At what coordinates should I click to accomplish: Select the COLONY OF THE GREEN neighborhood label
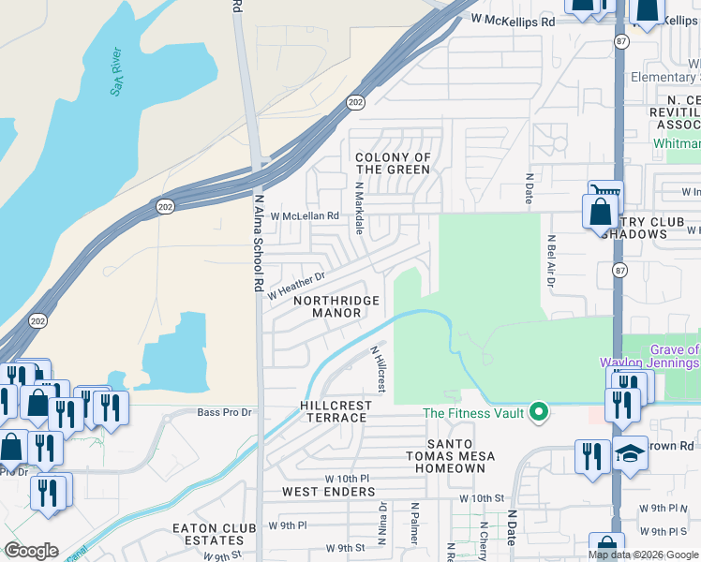(393, 164)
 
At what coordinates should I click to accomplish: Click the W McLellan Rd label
(304, 215)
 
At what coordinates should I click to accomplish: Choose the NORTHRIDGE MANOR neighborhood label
(336, 306)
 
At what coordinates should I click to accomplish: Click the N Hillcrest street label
(378, 369)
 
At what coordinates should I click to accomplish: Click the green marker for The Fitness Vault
(538, 411)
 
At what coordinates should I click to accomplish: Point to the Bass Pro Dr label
(225, 412)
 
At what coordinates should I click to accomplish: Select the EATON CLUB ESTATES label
(209, 534)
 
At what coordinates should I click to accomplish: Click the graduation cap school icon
(631, 454)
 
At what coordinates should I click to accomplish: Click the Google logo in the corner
(31, 551)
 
